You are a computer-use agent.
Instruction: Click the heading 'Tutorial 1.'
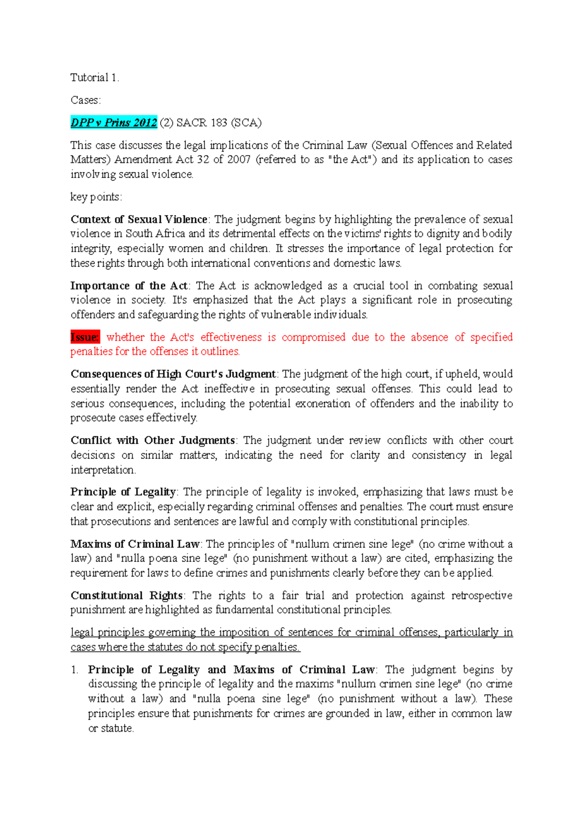point(94,77)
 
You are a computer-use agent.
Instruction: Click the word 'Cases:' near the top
point(86,100)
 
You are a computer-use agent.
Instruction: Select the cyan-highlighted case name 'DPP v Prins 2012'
point(114,123)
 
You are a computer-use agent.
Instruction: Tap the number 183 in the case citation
point(219,123)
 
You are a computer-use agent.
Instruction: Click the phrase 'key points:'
point(96,197)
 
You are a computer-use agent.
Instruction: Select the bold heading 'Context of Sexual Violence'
point(139,219)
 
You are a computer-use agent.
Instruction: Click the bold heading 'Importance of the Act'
point(129,286)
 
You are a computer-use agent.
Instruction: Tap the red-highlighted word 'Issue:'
point(85,337)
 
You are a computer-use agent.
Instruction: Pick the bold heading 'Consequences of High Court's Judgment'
point(173,374)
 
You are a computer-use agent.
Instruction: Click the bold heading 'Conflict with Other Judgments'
point(153,440)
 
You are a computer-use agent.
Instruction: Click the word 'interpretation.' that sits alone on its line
point(103,470)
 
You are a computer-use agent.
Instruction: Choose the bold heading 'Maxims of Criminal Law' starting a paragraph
point(135,544)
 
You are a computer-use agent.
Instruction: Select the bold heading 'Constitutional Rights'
point(127,595)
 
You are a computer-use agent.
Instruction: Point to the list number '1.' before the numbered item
point(74,670)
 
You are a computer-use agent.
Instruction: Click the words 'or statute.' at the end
point(111,728)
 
